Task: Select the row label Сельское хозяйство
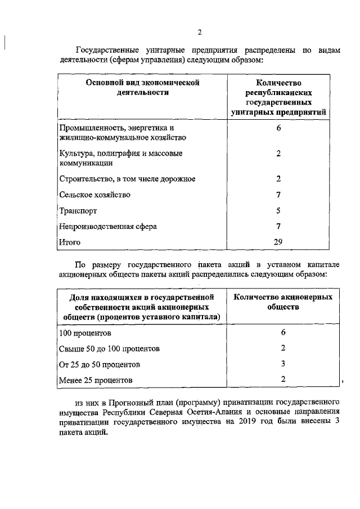(x=94, y=195)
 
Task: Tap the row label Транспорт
(x=78, y=211)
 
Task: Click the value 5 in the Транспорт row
(x=278, y=210)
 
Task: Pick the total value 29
(x=278, y=242)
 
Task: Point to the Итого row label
(x=70, y=242)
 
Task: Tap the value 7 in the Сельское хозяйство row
(x=278, y=195)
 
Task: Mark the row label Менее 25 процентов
(x=96, y=380)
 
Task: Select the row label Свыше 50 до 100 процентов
(x=109, y=349)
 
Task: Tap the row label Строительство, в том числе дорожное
(x=127, y=179)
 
